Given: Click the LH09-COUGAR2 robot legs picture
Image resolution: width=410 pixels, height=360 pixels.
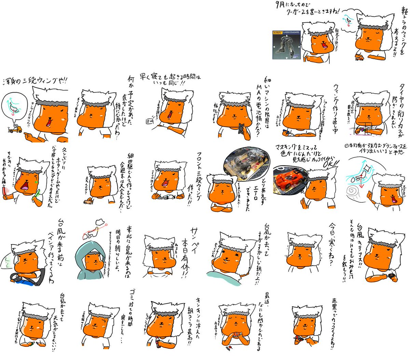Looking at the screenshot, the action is [287, 45].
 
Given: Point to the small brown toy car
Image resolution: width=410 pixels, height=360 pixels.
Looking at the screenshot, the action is [88, 201].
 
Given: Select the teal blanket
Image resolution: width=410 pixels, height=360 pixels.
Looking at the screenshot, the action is [222, 274].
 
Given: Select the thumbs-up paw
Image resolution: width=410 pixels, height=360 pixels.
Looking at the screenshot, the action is [303, 201].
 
